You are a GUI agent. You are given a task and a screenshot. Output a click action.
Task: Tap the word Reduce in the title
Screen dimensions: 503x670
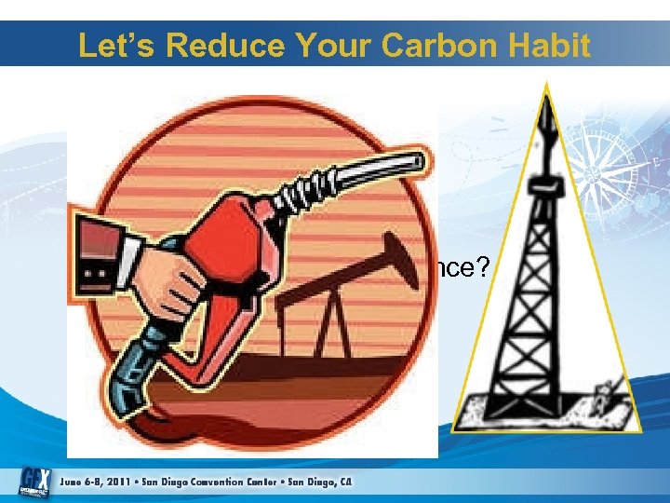click(x=241, y=46)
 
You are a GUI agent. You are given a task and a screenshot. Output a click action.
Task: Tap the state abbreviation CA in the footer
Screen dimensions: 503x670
click(x=345, y=482)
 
